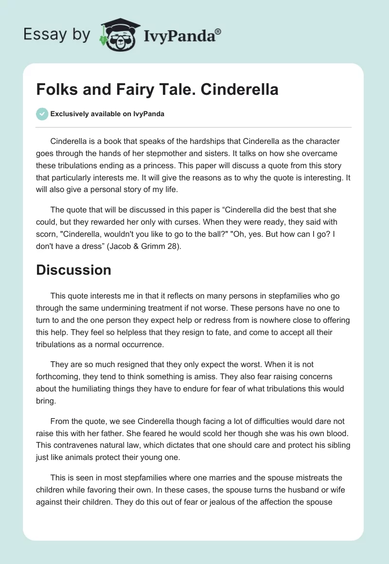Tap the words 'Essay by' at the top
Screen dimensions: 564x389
(x=57, y=35)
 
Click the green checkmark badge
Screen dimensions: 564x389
(x=42, y=114)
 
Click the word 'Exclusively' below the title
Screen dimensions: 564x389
(x=69, y=114)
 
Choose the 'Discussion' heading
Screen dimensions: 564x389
(x=73, y=270)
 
